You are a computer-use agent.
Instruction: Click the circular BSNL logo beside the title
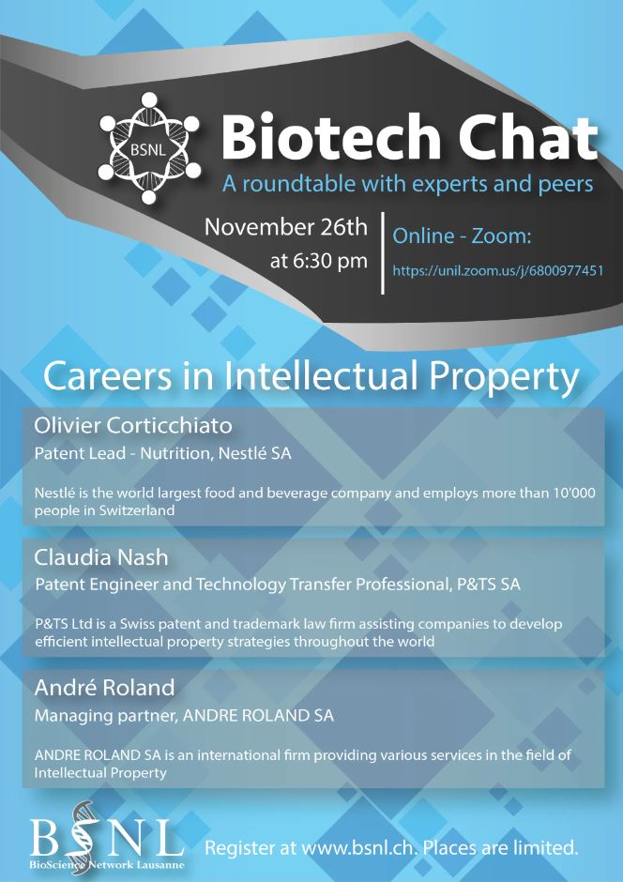click(149, 148)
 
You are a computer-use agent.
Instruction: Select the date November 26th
click(285, 227)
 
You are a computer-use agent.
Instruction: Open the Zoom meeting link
click(497, 271)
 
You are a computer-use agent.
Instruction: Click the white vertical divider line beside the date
click(383, 252)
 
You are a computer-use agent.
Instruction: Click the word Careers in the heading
click(107, 377)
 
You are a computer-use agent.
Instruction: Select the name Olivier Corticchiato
click(133, 426)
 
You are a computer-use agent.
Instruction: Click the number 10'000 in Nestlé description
click(571, 493)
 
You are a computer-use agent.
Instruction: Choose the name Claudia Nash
click(101, 557)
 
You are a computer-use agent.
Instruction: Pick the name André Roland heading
click(104, 688)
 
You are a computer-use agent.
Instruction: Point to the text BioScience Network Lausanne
click(107, 864)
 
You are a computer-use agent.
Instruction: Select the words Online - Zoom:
click(462, 236)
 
